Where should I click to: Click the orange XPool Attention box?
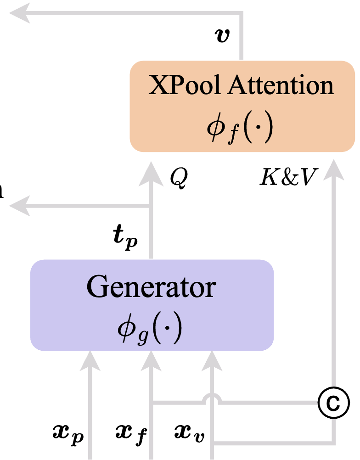242,106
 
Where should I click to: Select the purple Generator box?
152,305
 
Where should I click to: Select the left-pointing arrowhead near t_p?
21,206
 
